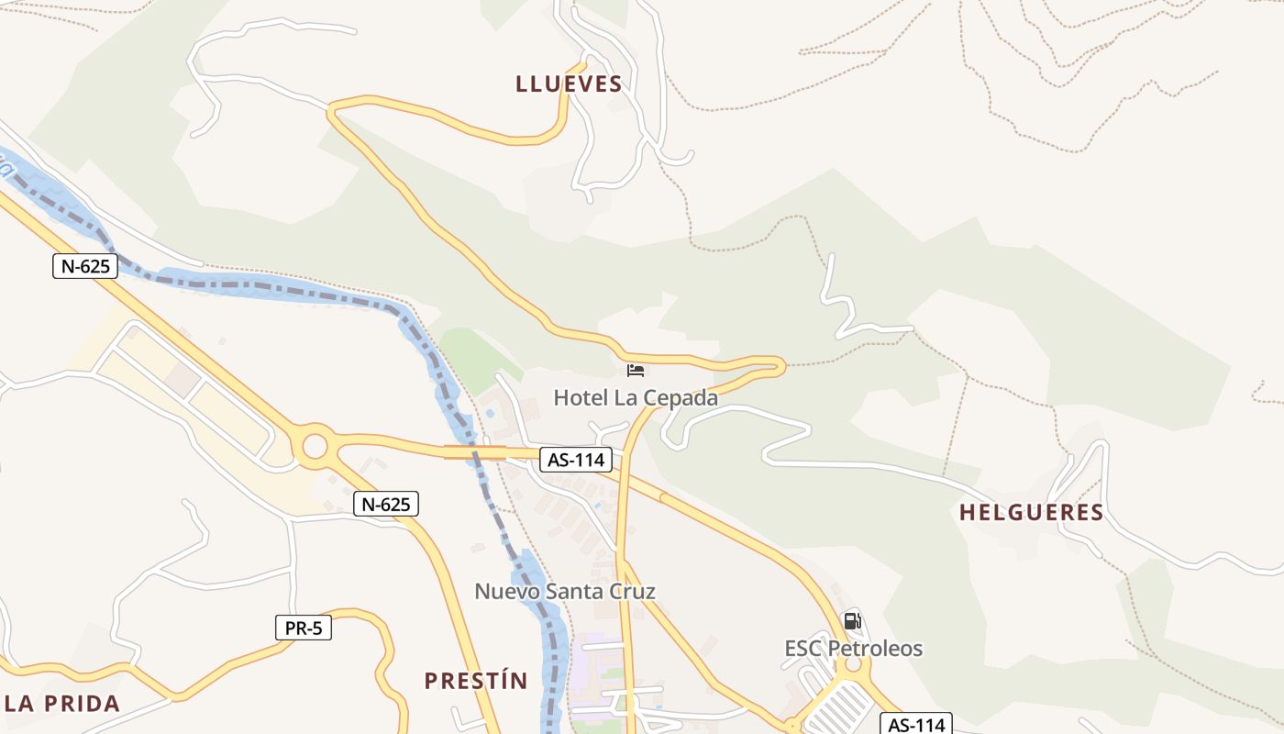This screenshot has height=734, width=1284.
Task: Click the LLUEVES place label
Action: tap(569, 84)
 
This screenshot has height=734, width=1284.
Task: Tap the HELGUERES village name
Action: tap(1031, 513)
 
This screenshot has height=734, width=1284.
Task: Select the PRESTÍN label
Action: tap(476, 681)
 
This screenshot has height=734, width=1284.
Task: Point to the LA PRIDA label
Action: tap(61, 704)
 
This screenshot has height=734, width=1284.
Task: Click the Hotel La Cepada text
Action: tap(636, 398)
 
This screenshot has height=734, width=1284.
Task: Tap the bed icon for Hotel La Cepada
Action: tap(636, 371)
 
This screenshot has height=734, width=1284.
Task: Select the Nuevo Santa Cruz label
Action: tap(565, 591)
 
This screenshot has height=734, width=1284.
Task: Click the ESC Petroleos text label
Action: tap(853, 649)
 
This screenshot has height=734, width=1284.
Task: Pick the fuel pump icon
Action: tap(853, 621)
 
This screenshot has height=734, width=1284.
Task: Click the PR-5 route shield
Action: tap(304, 628)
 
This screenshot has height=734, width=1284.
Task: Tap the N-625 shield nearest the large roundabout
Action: tap(386, 504)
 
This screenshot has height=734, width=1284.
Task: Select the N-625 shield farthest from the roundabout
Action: tap(85, 267)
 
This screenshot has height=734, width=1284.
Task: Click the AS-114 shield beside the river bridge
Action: tap(575, 460)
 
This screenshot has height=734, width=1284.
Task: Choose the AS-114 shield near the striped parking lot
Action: tap(916, 725)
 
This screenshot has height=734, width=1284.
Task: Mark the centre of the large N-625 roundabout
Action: tap(315, 447)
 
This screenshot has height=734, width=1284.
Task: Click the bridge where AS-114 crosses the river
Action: tap(475, 451)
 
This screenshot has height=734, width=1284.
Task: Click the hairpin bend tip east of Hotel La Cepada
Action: tap(780, 366)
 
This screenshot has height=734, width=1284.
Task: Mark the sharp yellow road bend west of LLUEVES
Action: tap(332, 111)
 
